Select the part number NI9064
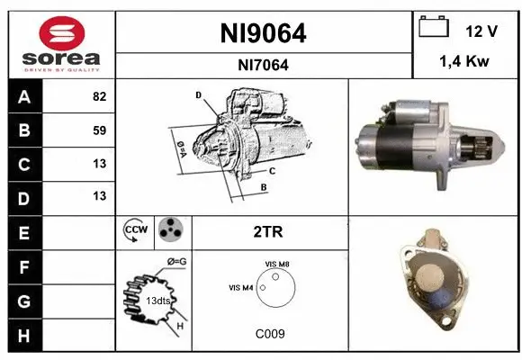[264, 34]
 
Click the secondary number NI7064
[264, 65]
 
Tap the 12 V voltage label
[481, 31]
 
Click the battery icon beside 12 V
[435, 28]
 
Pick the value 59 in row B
[99, 130]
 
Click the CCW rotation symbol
[134, 231]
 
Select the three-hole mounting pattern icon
[168, 231]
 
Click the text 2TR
[269, 231]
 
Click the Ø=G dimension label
[177, 262]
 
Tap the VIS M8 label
[277, 263]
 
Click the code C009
[269, 333]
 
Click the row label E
[23, 231]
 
